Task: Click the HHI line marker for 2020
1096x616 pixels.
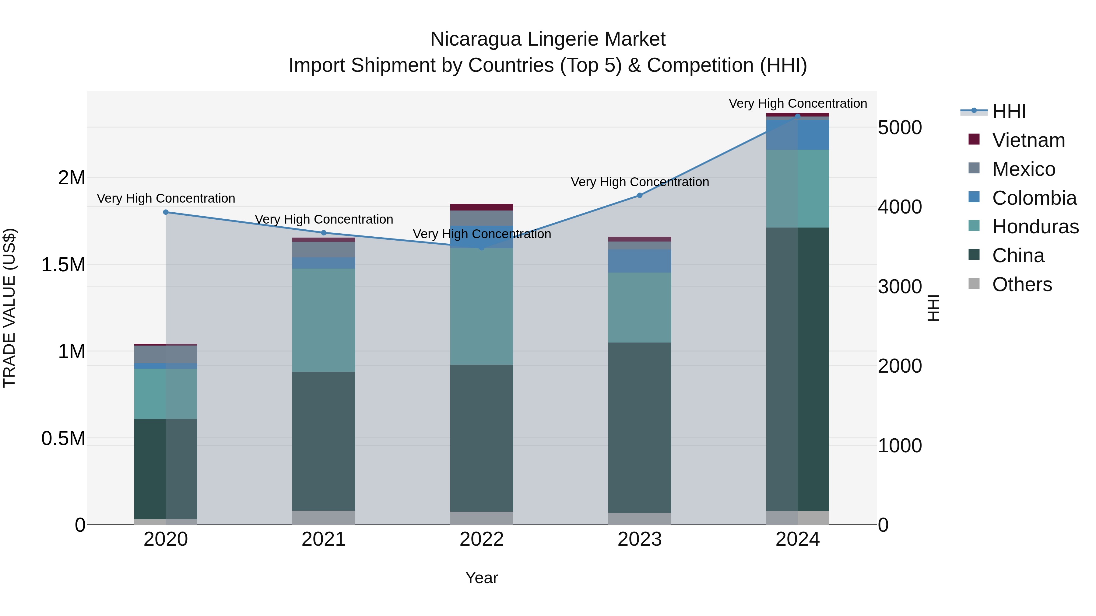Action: pyautogui.click(x=166, y=212)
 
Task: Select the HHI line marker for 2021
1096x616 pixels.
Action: pyautogui.click(x=324, y=233)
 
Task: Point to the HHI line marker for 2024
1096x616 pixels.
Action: pyautogui.click(x=798, y=116)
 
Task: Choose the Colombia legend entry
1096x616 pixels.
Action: pyautogui.click(x=1034, y=198)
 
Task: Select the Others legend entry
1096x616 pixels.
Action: pyautogui.click(x=1021, y=284)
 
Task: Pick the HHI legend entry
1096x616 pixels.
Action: pyautogui.click(x=1009, y=111)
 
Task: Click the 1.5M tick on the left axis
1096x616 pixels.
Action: pyautogui.click(x=63, y=265)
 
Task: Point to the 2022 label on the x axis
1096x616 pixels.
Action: pyautogui.click(x=482, y=539)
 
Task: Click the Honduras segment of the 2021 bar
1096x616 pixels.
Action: pyautogui.click(x=324, y=320)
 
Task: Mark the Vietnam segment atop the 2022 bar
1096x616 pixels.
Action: pyautogui.click(x=482, y=207)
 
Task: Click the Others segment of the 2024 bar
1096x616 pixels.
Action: pyautogui.click(x=798, y=518)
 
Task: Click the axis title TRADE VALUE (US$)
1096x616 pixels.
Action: pyautogui.click(x=9, y=308)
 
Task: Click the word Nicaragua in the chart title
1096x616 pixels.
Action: pyautogui.click(x=475, y=40)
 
